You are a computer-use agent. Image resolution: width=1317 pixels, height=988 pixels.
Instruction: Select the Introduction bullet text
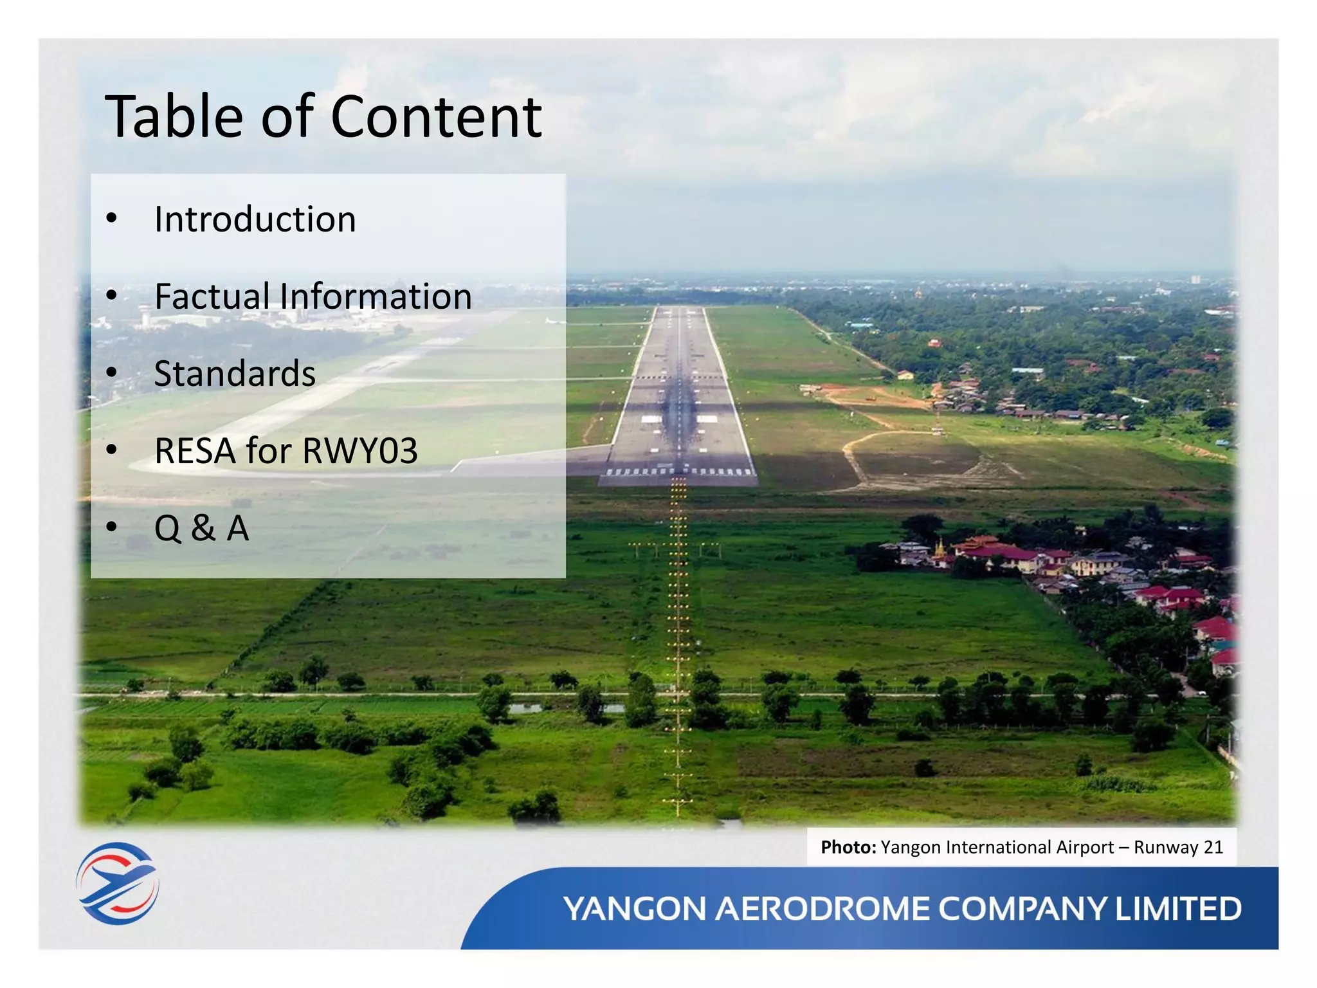coord(255,219)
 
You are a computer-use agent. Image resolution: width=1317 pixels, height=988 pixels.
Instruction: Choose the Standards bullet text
coord(235,374)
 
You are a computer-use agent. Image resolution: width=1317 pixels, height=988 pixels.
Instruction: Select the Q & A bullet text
coord(201,528)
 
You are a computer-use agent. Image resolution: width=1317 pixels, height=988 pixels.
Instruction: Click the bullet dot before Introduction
coord(112,219)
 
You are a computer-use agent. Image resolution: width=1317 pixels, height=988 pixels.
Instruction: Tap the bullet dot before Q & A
coord(112,527)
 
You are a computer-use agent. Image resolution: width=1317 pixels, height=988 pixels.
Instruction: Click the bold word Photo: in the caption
coord(848,847)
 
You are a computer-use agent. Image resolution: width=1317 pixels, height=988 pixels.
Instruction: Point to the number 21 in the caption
coord(1213,847)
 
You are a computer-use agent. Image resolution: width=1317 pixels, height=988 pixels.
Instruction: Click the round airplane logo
coord(117,883)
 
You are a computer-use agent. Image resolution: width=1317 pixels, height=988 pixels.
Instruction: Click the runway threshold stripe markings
coord(679,472)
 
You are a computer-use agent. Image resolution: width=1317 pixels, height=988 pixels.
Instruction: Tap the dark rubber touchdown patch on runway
coord(678,405)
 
